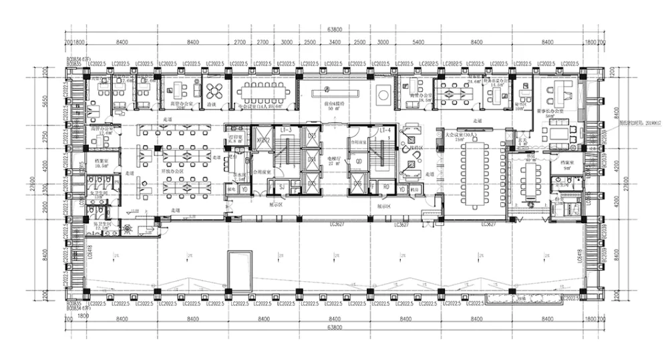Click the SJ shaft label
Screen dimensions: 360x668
tap(281, 188)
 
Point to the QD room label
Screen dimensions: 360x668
tap(359, 160)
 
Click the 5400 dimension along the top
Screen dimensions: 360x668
tap(418, 42)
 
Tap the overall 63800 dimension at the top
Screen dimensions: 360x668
tap(334, 30)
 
